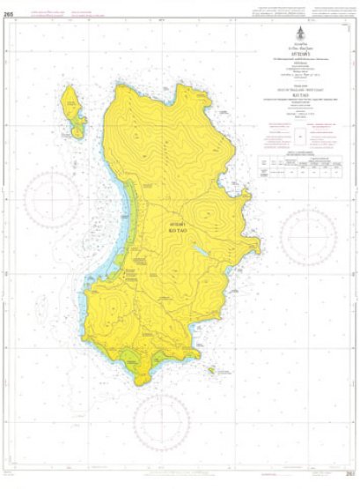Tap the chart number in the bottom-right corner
tap(349, 480)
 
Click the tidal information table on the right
tap(298, 165)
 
